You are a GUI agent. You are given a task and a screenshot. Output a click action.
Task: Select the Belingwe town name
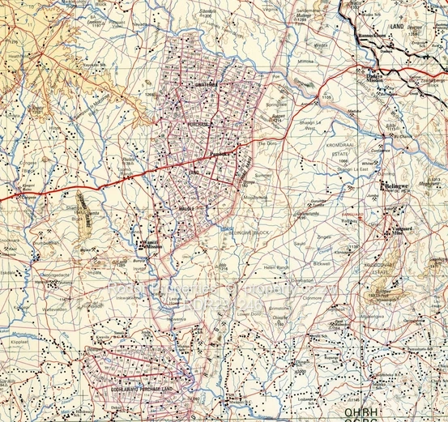point(398,185)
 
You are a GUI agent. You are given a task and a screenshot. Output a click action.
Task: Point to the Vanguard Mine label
point(403,231)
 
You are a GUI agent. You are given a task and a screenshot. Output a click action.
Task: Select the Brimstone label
point(281,309)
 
